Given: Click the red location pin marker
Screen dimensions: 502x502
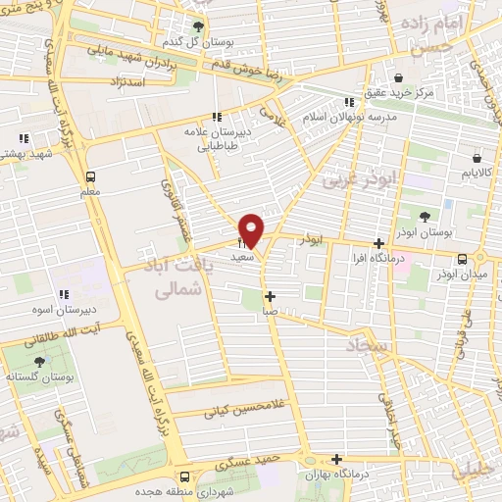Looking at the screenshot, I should pos(252,230).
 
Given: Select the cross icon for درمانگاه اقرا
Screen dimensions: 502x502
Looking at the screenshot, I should pos(379,243).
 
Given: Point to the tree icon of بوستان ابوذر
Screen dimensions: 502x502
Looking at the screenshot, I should pos(424,217).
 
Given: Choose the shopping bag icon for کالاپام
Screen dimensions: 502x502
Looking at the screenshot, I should pos(477,157).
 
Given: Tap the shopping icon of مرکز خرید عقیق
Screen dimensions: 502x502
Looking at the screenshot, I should pos(398,78).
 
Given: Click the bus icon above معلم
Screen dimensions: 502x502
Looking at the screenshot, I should pos(91,177).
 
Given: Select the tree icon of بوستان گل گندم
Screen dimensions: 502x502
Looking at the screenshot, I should pos(201,26).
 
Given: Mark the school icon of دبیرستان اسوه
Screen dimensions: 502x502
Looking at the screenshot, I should pos(65,293).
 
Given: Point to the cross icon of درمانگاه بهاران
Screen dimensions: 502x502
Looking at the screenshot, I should pos(336,458).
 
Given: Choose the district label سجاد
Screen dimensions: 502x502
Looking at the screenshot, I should pos(368,345).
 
